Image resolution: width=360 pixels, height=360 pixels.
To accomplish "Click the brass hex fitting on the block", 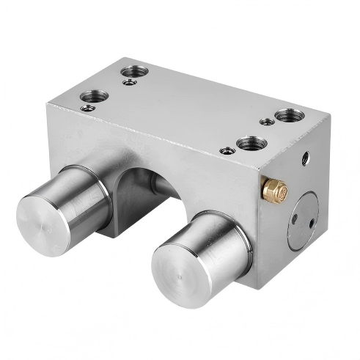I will tap(274, 190).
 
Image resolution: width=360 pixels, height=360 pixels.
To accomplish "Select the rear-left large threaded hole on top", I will tap(133, 71).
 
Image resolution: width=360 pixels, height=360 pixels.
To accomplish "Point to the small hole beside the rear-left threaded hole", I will tap(128, 83).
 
